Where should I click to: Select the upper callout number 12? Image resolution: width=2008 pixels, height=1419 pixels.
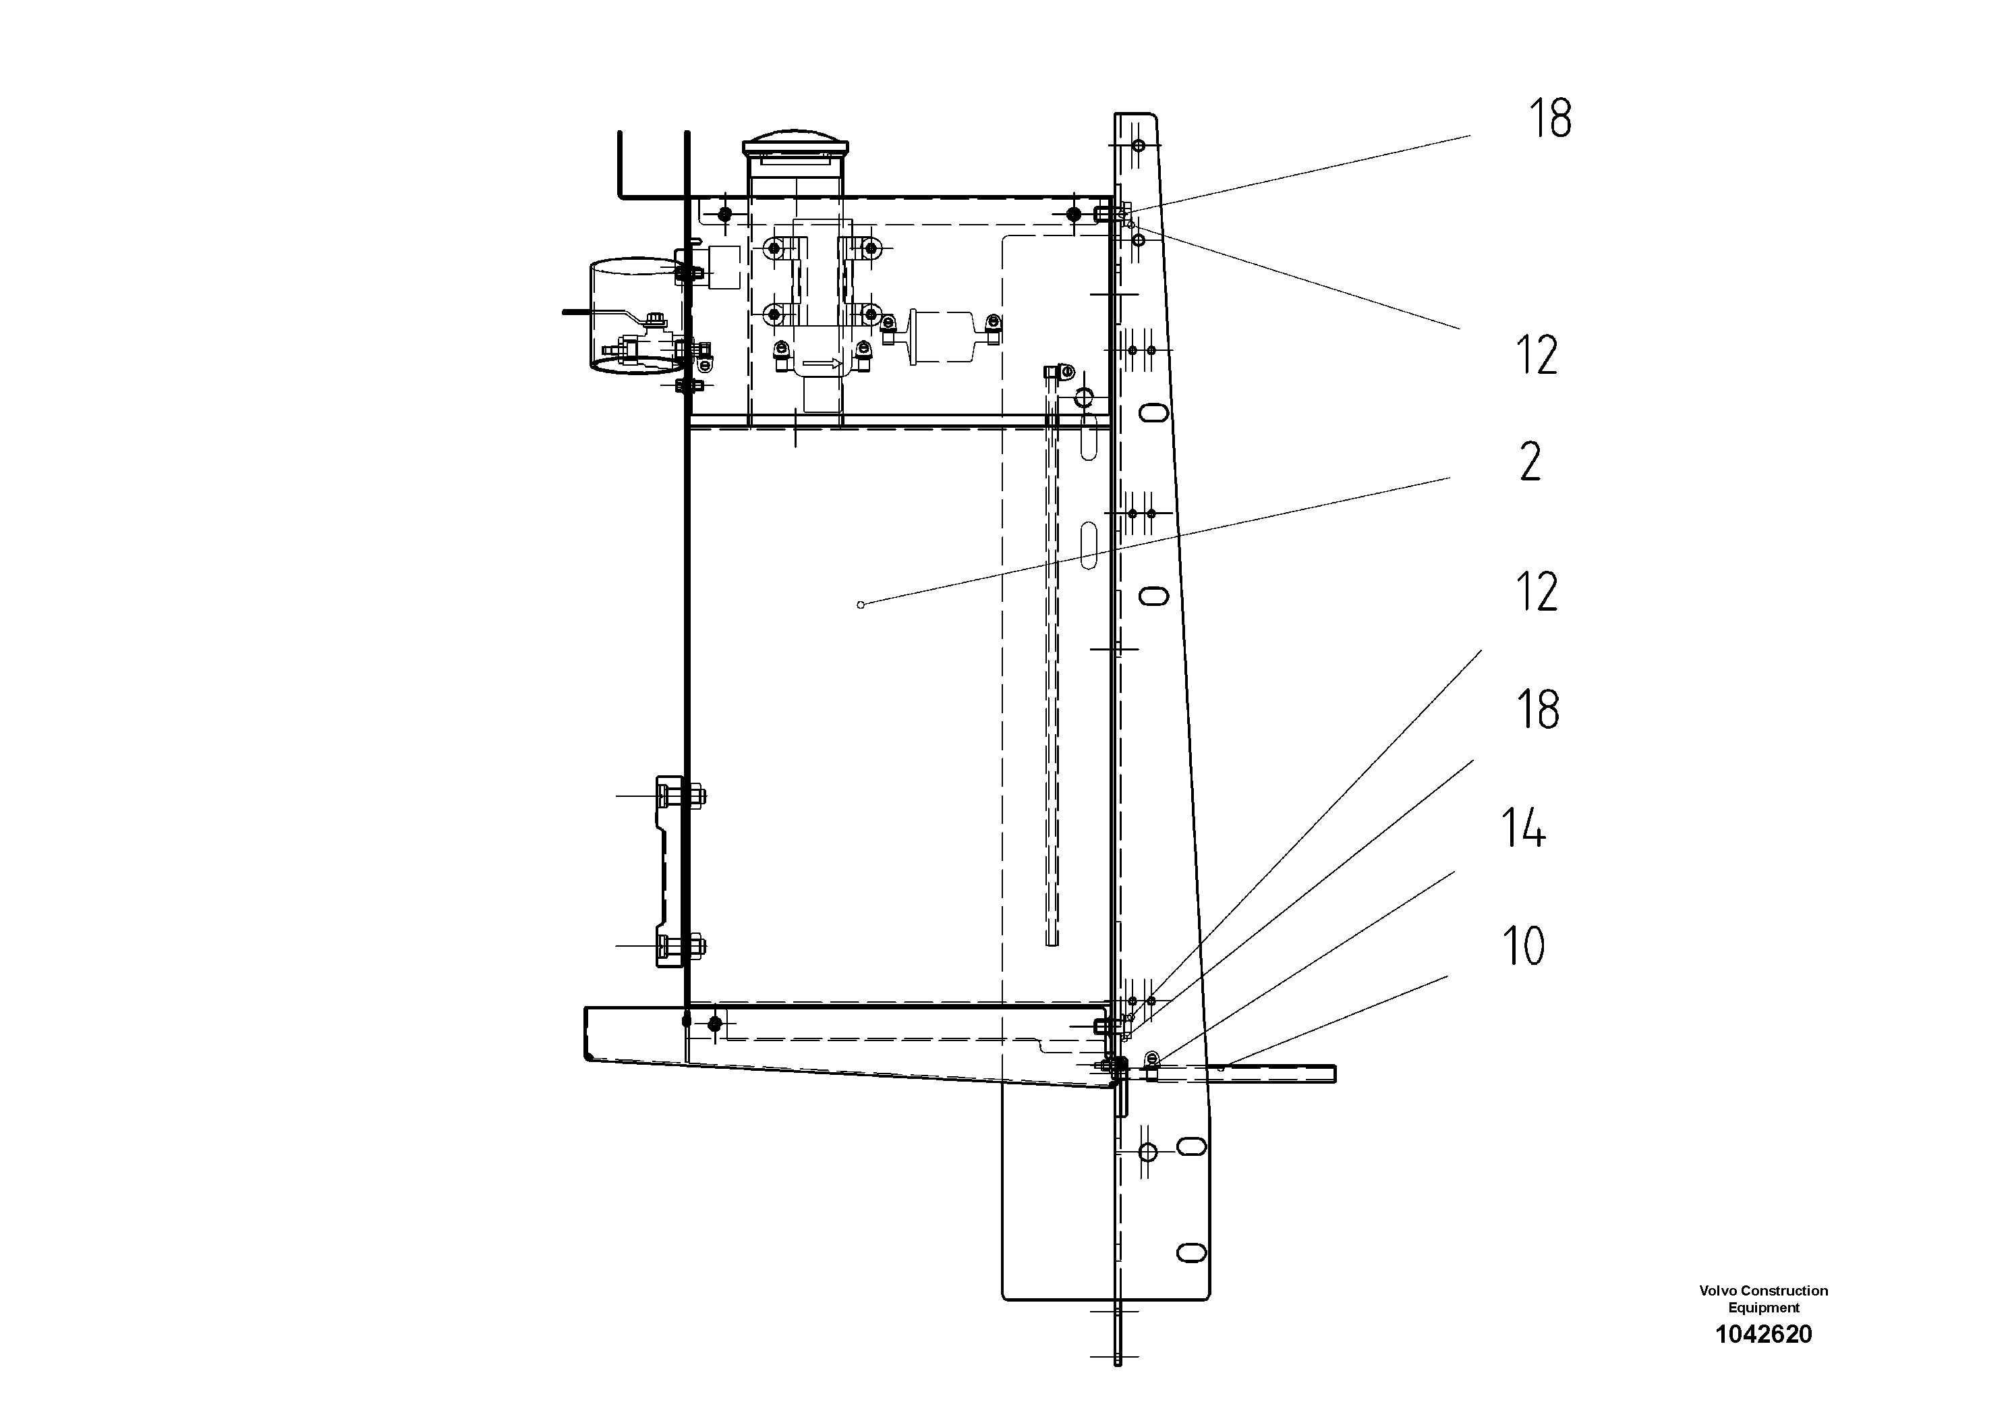(1537, 356)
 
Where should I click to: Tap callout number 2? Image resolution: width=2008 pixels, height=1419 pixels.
(1530, 462)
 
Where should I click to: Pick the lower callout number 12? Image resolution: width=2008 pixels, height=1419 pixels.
(1537, 592)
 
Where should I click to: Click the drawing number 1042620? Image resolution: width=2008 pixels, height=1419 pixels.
(1763, 1334)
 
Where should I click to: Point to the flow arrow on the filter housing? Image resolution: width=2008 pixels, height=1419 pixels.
(822, 363)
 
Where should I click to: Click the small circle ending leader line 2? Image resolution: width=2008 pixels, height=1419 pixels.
(861, 605)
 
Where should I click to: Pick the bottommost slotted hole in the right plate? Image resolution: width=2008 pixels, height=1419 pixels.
(1191, 1253)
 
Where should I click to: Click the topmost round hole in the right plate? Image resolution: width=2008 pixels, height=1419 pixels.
(1138, 145)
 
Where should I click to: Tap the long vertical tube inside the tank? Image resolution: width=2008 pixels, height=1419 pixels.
(1053, 665)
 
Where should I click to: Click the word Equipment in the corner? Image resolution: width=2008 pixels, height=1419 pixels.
(1763, 1308)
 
